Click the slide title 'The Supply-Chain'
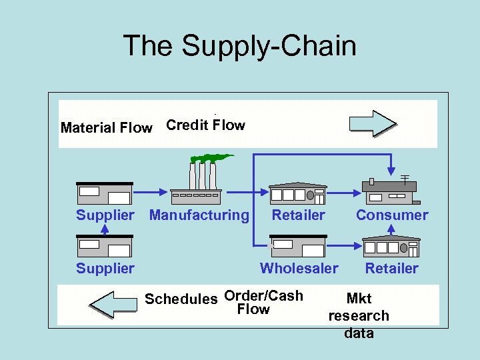coord(239,46)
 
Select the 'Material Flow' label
coord(106,128)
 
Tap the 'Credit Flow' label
coord(205,125)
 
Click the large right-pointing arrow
coord(373,123)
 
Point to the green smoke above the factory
coord(211,158)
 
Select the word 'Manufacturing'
coord(199,215)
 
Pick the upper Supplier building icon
coord(105,193)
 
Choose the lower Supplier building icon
coord(105,246)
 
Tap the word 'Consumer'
coord(392,215)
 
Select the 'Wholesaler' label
coord(299,269)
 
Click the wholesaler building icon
coord(298,246)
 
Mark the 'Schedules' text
coord(181,299)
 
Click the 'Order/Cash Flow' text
coord(263,303)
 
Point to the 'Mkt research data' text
coord(359,316)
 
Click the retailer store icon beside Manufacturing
coord(297,193)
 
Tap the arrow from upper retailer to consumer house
coord(343,193)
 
